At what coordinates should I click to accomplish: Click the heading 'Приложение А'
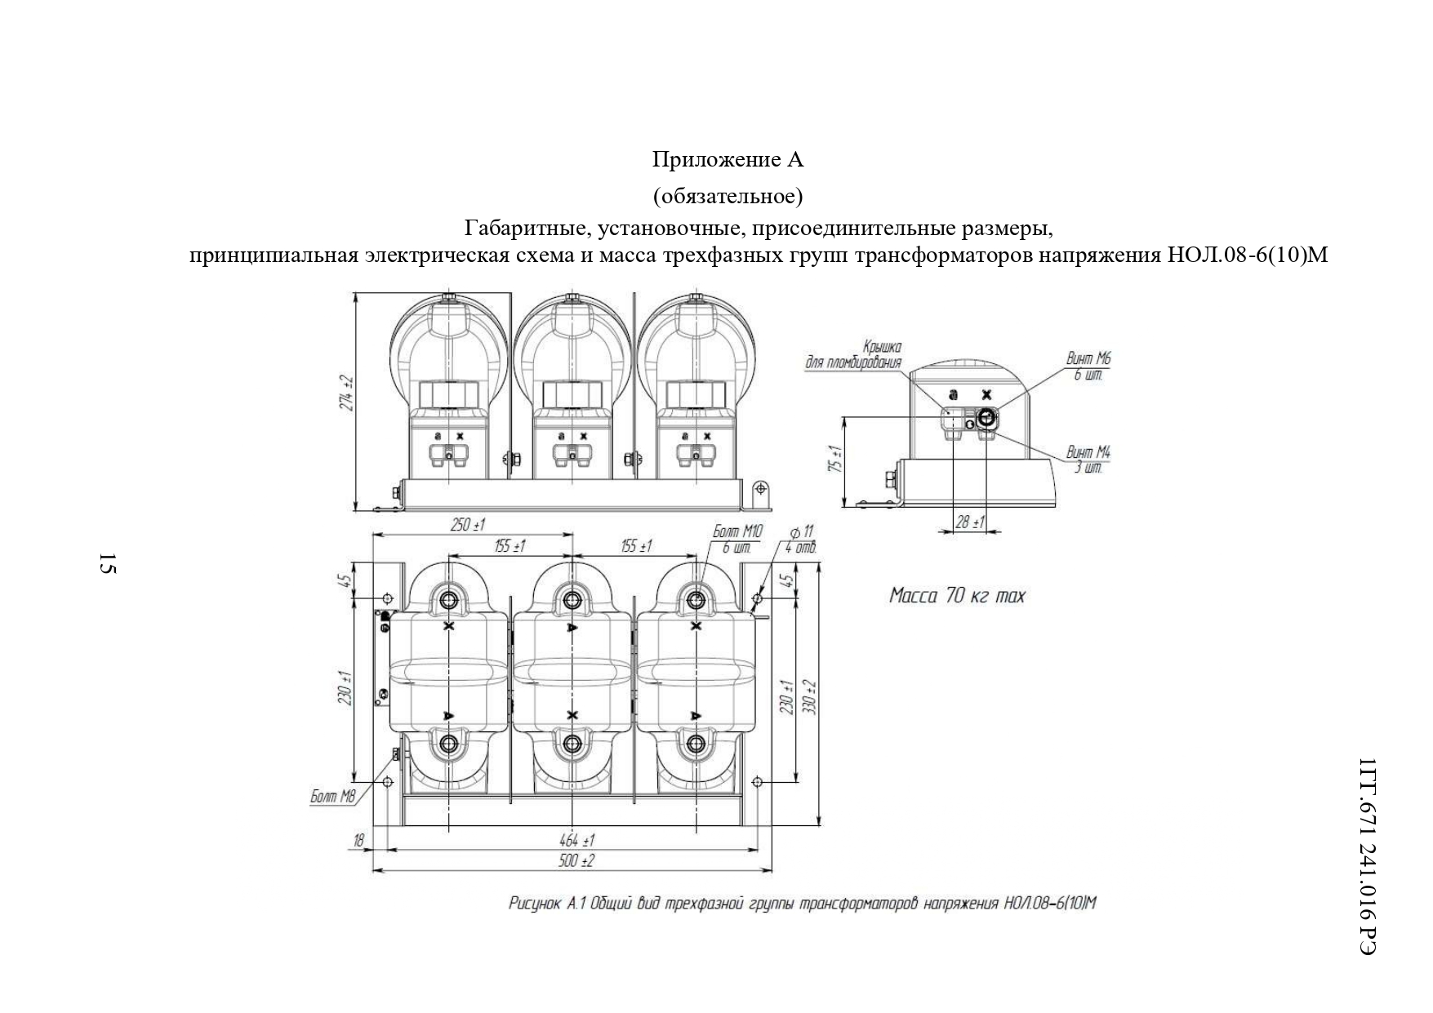[728, 160]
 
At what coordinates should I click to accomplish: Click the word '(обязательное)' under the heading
[728, 197]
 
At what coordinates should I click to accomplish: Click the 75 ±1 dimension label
[834, 460]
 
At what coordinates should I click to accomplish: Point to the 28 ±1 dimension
[970, 522]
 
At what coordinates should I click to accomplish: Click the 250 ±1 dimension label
[468, 525]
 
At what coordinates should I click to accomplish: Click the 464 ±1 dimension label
[577, 840]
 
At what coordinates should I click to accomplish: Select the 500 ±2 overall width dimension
[577, 861]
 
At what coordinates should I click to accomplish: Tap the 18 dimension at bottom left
[357, 840]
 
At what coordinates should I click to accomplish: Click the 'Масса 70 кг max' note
[956, 596]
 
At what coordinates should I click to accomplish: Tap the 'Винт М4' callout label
[1088, 452]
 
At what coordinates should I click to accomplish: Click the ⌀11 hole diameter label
[802, 531]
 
